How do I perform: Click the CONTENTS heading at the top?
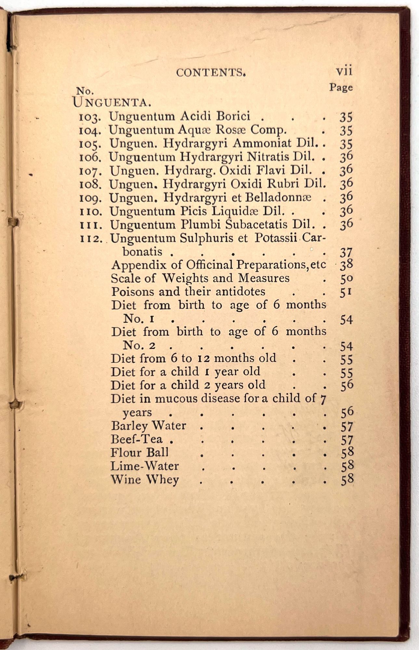click(x=211, y=72)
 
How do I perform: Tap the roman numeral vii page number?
click(x=344, y=71)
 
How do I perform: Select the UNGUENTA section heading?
click(x=111, y=102)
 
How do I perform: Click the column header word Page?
click(x=341, y=87)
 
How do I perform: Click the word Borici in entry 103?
click(x=233, y=116)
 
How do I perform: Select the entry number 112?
click(x=91, y=239)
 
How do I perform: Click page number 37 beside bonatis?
click(x=346, y=253)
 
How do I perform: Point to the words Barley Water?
click(x=148, y=426)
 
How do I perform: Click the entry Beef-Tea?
click(x=137, y=439)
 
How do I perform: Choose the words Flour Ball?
click(x=139, y=453)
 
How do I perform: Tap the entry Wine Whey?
click(x=145, y=480)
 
